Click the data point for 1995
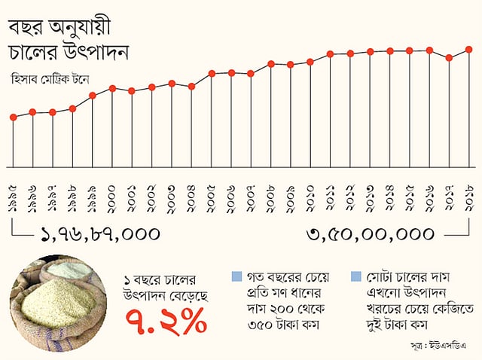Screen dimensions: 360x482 pos(13,117)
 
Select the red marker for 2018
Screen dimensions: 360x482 pos(468,50)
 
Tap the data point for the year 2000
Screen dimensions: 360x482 pos(112,88)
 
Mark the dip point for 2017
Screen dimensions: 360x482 pos(449,57)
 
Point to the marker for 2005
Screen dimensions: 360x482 pos(212,73)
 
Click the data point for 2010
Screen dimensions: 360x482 pos(310,61)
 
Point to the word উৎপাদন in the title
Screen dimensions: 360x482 pos(94,53)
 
